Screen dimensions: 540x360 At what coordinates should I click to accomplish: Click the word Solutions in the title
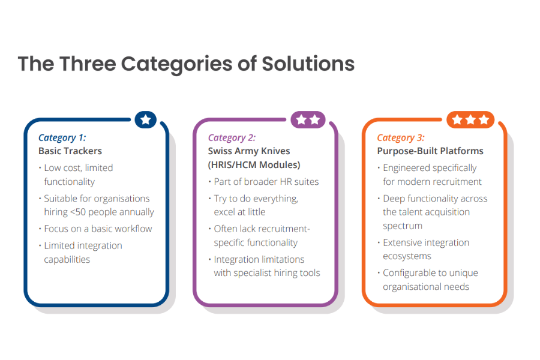(x=308, y=64)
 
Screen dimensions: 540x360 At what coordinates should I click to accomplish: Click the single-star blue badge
(x=146, y=120)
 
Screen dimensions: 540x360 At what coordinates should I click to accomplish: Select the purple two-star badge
(x=308, y=120)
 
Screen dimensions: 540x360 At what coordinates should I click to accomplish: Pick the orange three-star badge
(x=470, y=120)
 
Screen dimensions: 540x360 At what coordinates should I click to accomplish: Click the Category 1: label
(x=62, y=138)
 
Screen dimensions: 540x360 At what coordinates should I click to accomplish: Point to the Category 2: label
(x=232, y=138)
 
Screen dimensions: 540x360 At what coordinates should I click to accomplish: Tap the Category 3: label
(x=401, y=138)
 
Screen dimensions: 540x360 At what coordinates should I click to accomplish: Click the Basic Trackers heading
(x=70, y=151)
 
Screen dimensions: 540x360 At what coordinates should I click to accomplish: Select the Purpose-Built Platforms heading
(x=430, y=151)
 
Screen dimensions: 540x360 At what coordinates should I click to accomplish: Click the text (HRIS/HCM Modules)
(x=254, y=164)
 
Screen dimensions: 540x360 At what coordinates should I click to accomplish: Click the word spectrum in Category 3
(x=402, y=226)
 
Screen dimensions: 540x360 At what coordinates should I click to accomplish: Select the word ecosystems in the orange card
(x=407, y=256)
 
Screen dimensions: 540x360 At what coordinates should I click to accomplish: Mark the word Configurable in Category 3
(x=408, y=273)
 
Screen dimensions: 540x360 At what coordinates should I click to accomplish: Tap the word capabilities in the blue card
(x=67, y=259)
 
